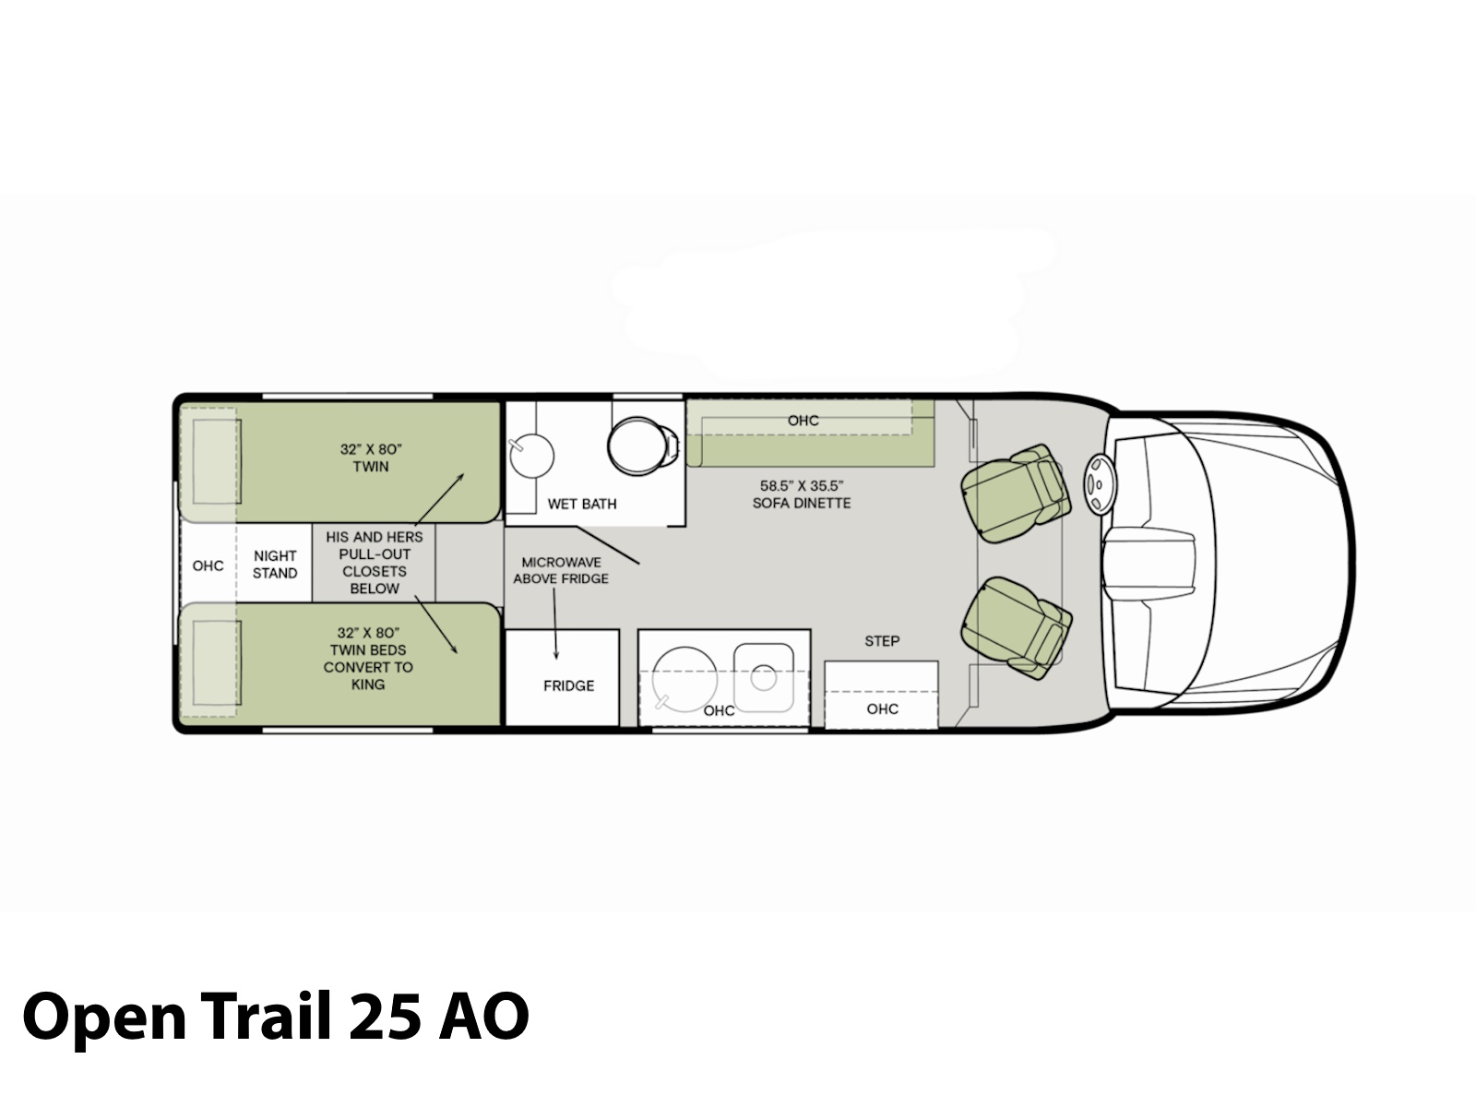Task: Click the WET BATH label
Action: tap(582, 504)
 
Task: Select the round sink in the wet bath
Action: tap(531, 456)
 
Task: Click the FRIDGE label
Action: tap(569, 685)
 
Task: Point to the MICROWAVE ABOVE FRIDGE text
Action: tap(561, 571)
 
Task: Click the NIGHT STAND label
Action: tap(275, 565)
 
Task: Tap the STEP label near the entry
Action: tap(882, 641)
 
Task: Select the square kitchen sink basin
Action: tap(763, 677)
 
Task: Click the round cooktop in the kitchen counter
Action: tap(684, 680)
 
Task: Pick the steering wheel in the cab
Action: tap(1100, 484)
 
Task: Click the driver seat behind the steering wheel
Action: tap(1016, 493)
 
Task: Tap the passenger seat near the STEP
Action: tap(1016, 628)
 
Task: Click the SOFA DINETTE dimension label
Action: tap(802, 494)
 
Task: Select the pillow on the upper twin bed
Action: tap(217, 461)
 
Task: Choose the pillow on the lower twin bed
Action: tap(217, 662)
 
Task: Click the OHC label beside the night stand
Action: tap(208, 565)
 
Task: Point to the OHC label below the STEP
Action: tap(882, 709)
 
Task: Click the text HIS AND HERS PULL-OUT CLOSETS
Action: tap(375, 553)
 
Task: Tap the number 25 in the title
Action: tap(385, 1017)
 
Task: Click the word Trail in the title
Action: tap(267, 1015)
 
